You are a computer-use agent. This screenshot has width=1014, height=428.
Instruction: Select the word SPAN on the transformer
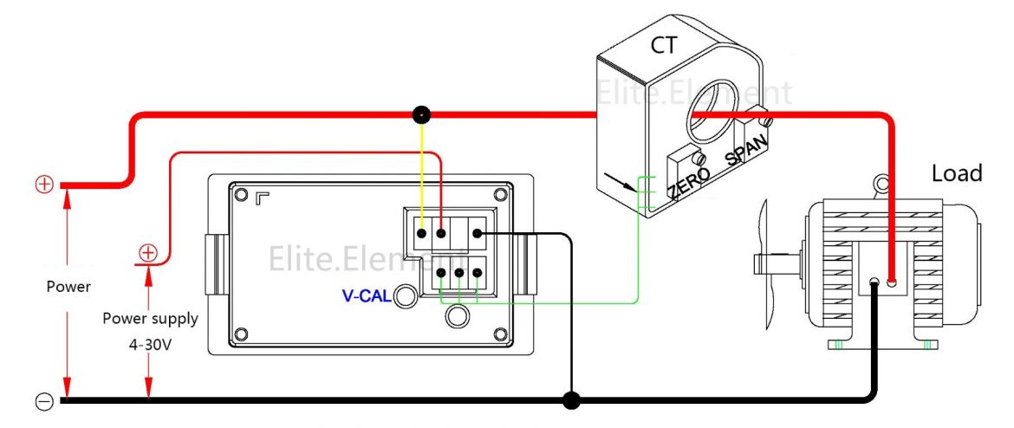(x=746, y=150)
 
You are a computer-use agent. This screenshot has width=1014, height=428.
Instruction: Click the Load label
(x=957, y=173)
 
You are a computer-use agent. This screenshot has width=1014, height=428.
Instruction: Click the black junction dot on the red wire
(x=421, y=114)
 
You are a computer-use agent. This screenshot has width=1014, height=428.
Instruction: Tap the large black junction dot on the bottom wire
(x=570, y=400)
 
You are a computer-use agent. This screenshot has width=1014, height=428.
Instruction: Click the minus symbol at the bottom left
(x=44, y=401)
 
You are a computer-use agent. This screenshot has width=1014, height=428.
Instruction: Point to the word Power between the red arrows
(x=68, y=286)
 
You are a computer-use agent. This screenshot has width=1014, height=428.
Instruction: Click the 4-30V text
(x=150, y=343)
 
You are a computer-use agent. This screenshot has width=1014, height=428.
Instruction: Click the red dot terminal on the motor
(x=891, y=270)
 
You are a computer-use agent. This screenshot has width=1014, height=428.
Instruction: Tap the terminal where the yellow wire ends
(x=421, y=233)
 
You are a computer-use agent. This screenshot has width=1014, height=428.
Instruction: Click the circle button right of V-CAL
(x=405, y=297)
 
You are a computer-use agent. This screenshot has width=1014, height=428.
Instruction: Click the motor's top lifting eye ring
(x=881, y=183)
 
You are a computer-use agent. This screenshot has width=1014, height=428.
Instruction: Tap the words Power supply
(x=150, y=318)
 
